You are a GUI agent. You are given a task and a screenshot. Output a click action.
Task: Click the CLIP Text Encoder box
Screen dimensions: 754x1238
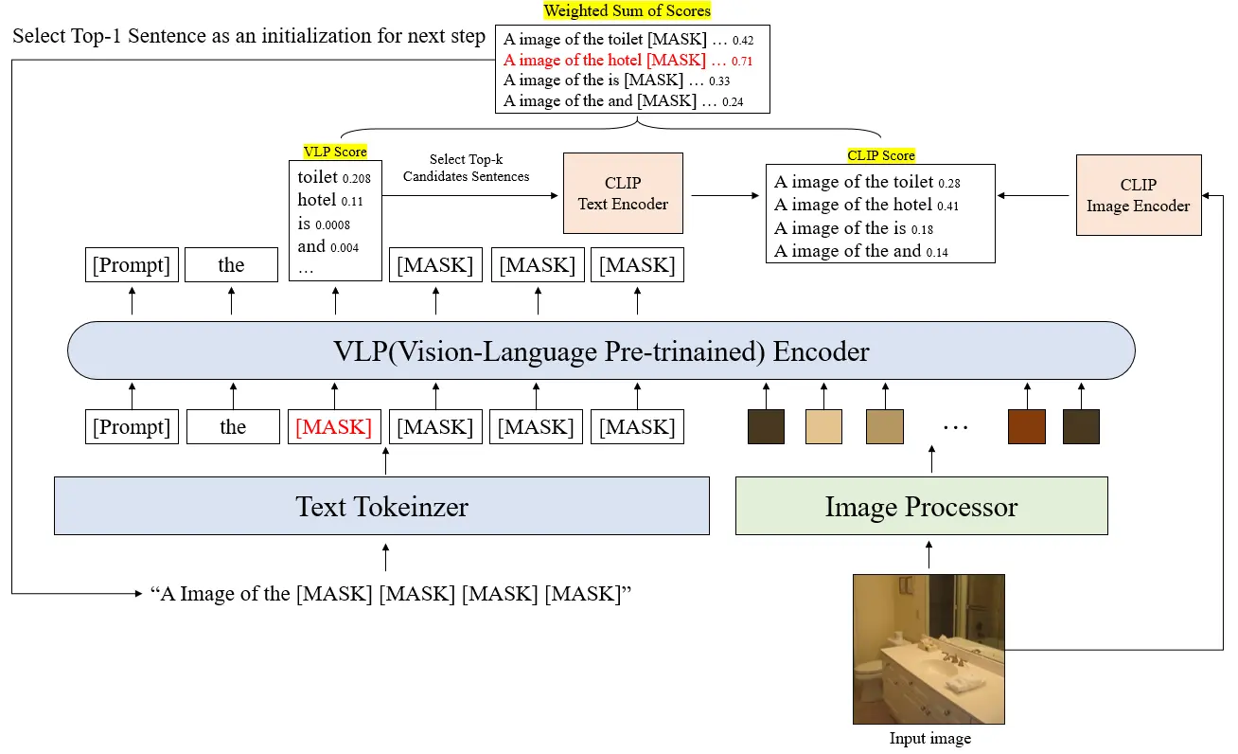pos(623,193)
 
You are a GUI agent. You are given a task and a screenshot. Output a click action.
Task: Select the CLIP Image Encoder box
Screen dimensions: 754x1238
pos(1139,195)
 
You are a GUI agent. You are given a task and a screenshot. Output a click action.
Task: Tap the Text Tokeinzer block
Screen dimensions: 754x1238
pos(381,506)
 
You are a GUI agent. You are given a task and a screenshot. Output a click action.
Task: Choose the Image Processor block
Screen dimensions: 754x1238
pos(921,506)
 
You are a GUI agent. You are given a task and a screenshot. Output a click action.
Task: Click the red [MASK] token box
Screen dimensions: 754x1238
pos(334,427)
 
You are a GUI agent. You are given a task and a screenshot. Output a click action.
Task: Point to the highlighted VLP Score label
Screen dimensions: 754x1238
pos(335,152)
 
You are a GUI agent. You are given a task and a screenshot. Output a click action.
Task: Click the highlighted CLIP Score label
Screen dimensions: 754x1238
pos(881,155)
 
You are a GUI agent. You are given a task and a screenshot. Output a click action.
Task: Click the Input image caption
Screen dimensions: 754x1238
pos(929,739)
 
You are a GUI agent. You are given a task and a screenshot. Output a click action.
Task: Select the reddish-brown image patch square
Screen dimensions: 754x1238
pos(1026,427)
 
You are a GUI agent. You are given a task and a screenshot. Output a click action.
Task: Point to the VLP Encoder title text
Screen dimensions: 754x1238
pos(601,352)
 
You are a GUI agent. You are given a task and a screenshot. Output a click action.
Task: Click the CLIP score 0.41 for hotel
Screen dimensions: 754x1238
pos(948,206)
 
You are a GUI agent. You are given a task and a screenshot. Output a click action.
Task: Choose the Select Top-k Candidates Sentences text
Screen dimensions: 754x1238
pos(466,168)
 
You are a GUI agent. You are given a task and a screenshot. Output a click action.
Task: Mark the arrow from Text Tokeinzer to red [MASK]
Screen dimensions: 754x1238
pos(385,461)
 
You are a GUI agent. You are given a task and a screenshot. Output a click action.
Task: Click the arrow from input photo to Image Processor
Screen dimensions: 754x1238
pos(929,555)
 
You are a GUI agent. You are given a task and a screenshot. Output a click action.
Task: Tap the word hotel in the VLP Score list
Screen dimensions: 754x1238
pos(317,200)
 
